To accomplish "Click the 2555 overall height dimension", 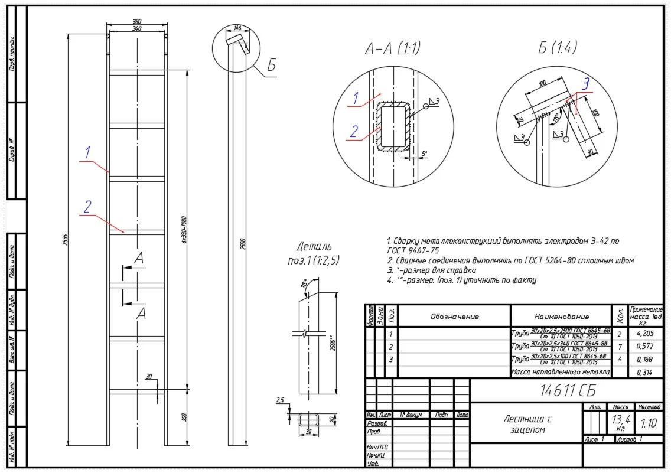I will (66, 239).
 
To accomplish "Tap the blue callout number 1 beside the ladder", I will (87, 152).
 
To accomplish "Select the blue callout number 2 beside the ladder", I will (87, 207).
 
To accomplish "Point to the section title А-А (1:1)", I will (392, 48).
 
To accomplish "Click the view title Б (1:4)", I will (557, 47).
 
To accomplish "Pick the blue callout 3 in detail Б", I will (585, 85).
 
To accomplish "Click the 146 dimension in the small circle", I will (237, 28).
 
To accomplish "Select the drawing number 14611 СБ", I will (565, 390).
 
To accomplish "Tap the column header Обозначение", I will (454, 317).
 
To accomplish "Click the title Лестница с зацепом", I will (527, 424).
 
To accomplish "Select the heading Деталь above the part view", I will (314, 246).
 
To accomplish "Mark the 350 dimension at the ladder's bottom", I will (184, 417).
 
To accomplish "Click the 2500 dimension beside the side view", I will (242, 242).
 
